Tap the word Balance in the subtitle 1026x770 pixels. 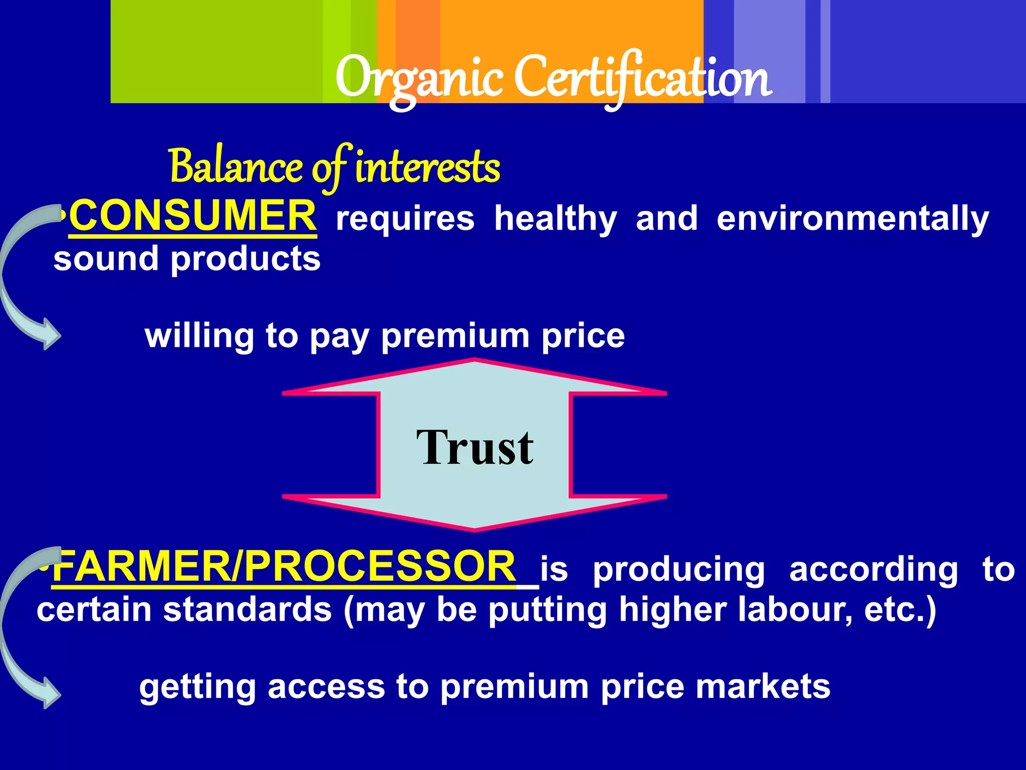click(x=235, y=166)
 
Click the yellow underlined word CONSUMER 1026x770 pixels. click(x=193, y=216)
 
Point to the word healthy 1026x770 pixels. click(x=556, y=219)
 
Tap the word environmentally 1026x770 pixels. click(x=853, y=219)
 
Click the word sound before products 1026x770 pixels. click(x=106, y=259)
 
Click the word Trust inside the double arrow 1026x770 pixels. click(x=474, y=447)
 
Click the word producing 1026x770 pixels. click(x=679, y=570)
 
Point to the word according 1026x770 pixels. click(x=874, y=570)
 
